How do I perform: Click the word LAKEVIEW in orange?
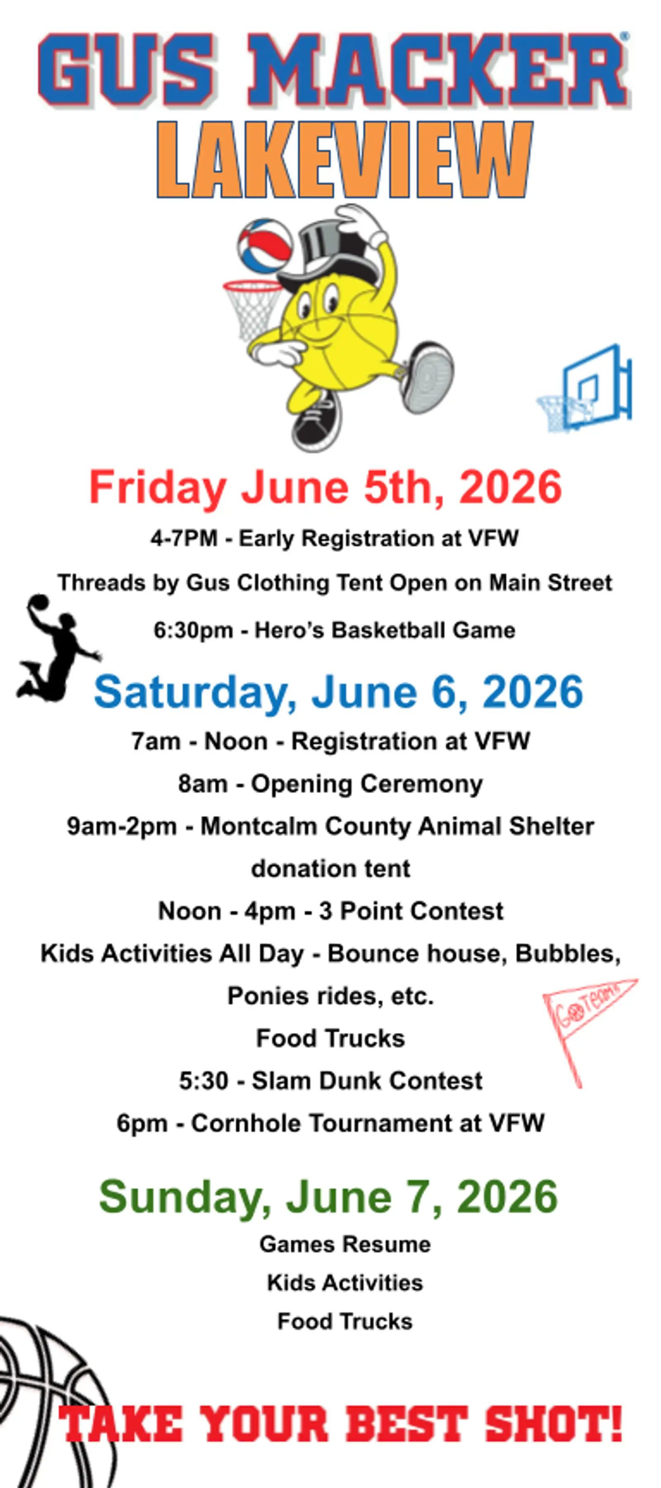click(x=344, y=160)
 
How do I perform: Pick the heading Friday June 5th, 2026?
click(x=326, y=487)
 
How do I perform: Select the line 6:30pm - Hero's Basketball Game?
click(x=334, y=630)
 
